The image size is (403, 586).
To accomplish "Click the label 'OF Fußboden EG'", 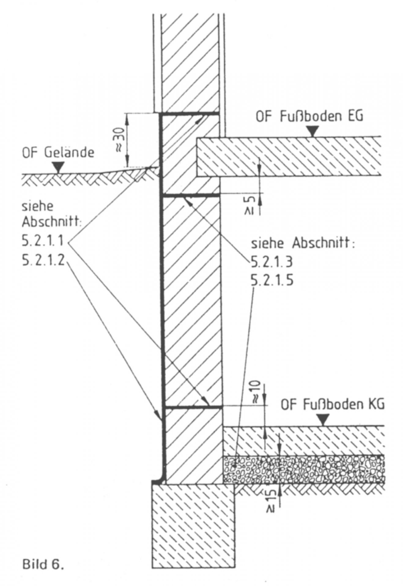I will [x=309, y=117].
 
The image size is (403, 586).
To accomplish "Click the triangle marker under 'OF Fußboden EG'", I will [x=312, y=132].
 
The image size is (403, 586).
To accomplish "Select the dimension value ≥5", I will [x=250, y=205].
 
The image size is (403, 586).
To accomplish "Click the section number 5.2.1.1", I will [x=43, y=241].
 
